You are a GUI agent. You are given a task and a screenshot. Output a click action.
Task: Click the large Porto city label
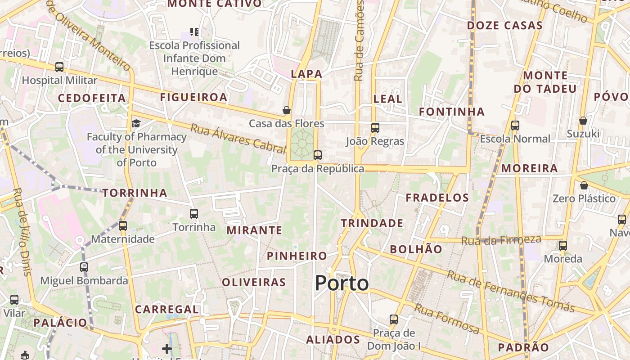click(342, 283)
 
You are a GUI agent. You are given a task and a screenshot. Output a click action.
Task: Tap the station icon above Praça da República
click(318, 155)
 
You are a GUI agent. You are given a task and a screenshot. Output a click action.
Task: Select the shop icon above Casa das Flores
click(287, 110)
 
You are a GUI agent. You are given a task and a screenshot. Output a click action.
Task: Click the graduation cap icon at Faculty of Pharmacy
click(136, 123)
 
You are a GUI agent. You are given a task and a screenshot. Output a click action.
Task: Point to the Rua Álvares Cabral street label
click(238, 137)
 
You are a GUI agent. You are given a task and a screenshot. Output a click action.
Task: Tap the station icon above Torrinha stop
click(194, 213)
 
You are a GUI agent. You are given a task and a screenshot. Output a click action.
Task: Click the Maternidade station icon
click(123, 225)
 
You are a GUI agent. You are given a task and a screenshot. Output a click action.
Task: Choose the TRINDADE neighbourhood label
click(372, 223)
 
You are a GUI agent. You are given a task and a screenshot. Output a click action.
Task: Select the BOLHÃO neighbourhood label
click(416, 249)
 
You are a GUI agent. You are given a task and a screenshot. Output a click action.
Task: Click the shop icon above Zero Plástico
click(584, 185)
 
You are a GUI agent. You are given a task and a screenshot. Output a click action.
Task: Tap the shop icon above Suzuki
click(583, 121)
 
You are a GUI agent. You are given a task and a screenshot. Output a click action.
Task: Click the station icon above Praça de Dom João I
click(394, 319)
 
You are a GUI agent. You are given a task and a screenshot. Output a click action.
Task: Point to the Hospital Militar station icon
click(59, 67)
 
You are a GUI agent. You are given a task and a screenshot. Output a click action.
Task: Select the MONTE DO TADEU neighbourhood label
click(545, 82)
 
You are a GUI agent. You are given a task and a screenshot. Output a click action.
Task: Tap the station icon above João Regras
click(375, 127)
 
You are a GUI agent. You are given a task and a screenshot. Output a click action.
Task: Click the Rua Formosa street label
click(446, 319)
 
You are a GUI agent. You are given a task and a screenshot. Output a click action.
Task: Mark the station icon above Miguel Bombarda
click(84, 267)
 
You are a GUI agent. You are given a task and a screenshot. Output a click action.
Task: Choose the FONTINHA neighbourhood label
click(451, 112)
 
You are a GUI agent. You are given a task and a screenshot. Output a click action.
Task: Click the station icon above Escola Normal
click(515, 126)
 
